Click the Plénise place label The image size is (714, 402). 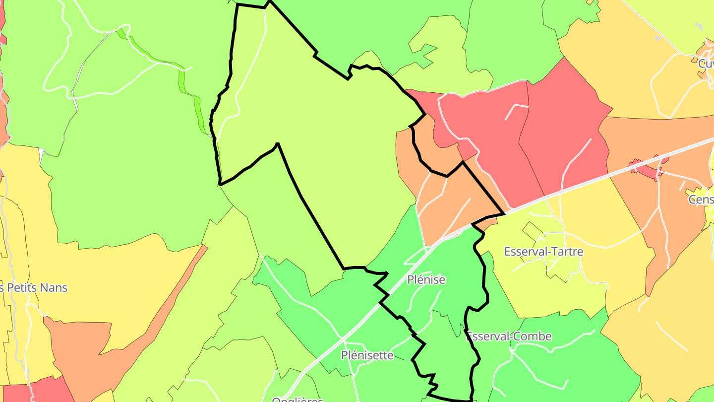(426, 280)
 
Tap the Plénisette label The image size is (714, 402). (367, 355)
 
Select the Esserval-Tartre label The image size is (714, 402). (543, 252)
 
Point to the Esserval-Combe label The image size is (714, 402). (509, 336)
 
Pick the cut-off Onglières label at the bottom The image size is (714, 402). (297, 399)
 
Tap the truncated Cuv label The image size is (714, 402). (706, 64)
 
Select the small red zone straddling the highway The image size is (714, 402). (647, 167)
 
